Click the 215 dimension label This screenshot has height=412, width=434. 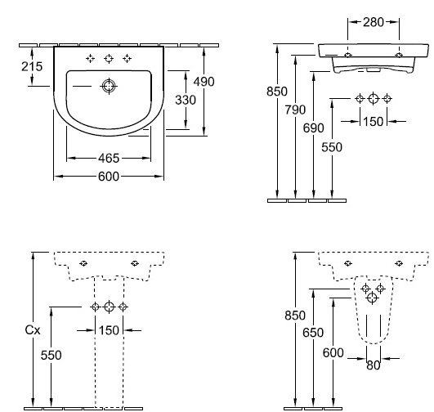(x=32, y=66)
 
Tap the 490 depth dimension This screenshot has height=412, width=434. (x=204, y=82)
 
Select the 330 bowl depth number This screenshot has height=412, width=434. (x=186, y=100)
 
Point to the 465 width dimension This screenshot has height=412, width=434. (x=109, y=158)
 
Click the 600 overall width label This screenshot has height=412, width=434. (x=109, y=177)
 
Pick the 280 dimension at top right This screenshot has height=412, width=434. (x=374, y=22)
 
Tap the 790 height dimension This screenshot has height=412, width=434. (x=295, y=110)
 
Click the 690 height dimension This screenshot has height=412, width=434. (x=313, y=128)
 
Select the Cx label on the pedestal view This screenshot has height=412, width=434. (x=33, y=329)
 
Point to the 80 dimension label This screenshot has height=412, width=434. (x=374, y=365)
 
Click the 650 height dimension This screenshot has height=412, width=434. (x=313, y=333)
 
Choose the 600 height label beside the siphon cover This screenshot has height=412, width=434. (x=333, y=353)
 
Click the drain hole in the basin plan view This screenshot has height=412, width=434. (x=109, y=86)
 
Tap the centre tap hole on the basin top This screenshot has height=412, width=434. (x=109, y=58)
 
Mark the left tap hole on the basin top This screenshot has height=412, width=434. (x=90, y=58)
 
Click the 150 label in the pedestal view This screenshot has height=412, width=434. (x=109, y=330)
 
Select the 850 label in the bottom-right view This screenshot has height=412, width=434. (x=295, y=316)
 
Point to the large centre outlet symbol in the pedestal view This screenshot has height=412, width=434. (x=109, y=307)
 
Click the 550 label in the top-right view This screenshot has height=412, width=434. (x=332, y=147)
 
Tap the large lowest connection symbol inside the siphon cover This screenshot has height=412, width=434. (x=372, y=298)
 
